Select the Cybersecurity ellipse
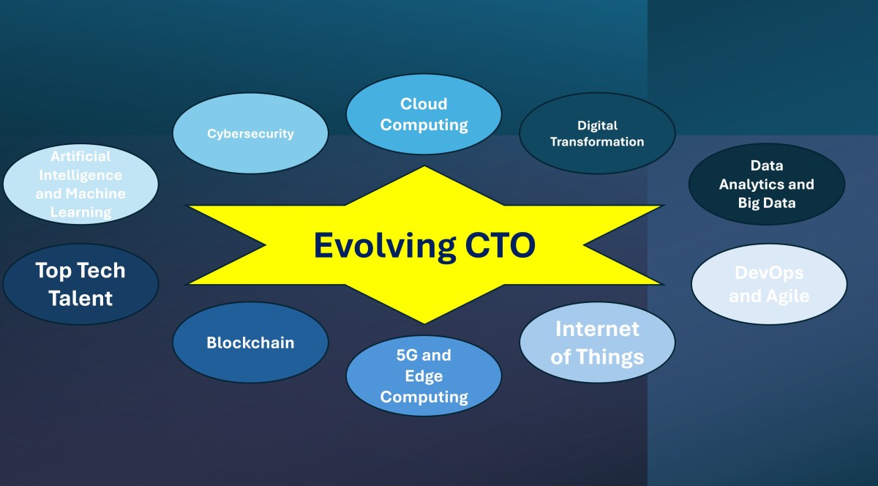click(x=250, y=133)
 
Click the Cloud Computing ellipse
click(x=424, y=114)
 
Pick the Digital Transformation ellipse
click(x=597, y=133)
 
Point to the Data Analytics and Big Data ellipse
click(x=767, y=184)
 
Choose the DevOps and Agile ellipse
click(x=769, y=284)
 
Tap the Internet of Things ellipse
click(x=597, y=343)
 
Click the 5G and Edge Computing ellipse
click(x=424, y=376)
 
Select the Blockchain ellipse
click(x=250, y=343)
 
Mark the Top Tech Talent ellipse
click(x=80, y=284)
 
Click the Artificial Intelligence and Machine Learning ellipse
click(x=80, y=184)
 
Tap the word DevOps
click(x=769, y=273)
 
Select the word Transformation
click(x=597, y=142)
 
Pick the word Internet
click(x=597, y=329)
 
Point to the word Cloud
click(x=424, y=104)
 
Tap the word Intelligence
click(x=80, y=175)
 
